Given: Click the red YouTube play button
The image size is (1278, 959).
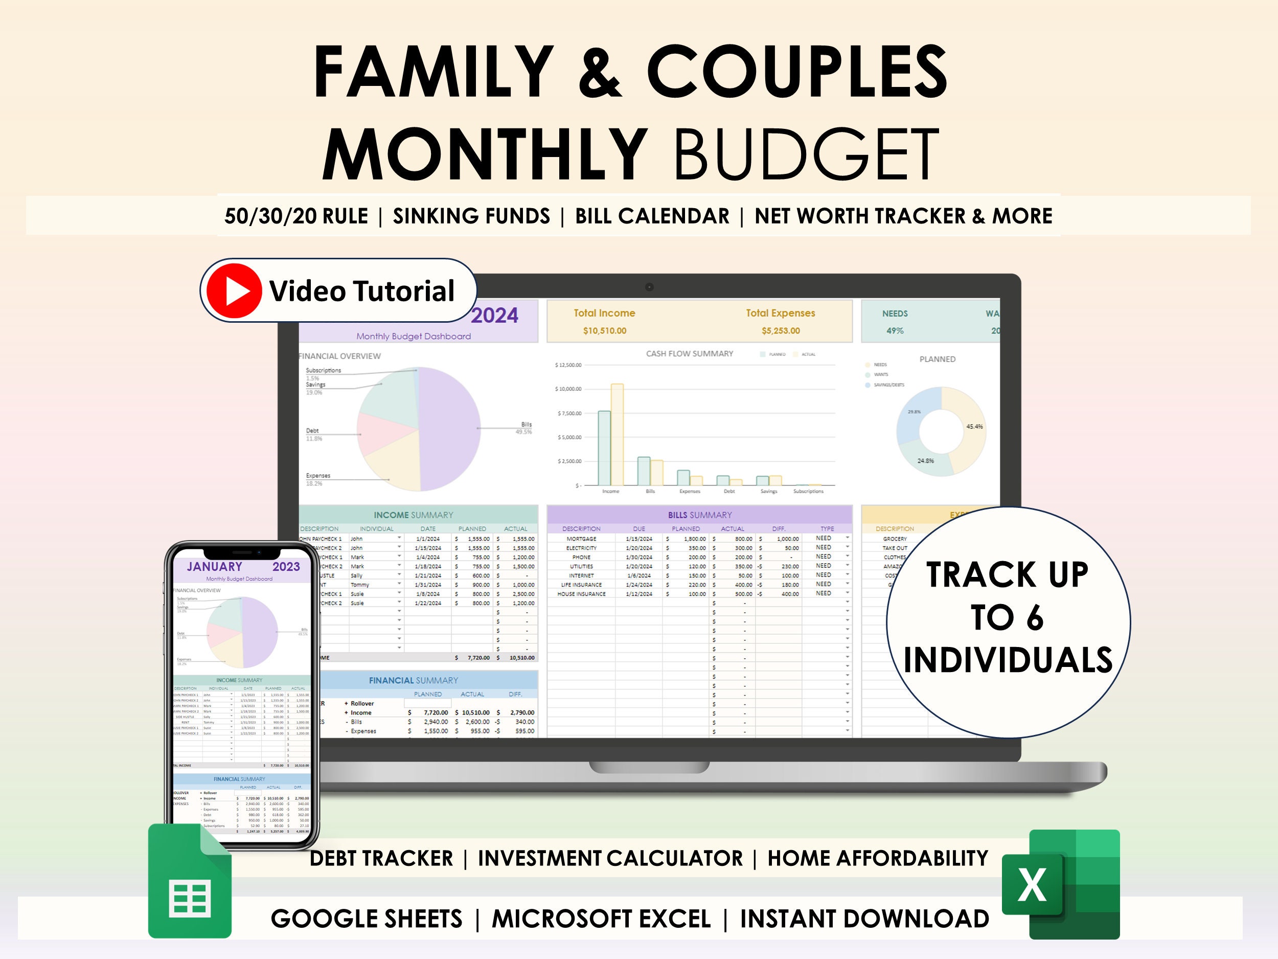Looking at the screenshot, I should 234,291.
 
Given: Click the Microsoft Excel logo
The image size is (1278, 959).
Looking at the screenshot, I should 1061,884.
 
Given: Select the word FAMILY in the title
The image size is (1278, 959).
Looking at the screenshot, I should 433,72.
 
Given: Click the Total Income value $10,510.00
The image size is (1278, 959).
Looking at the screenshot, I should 604,330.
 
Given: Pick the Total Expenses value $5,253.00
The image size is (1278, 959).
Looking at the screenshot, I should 781,330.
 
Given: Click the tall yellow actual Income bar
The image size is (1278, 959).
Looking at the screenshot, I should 617,434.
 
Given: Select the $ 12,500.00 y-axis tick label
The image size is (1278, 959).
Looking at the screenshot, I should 568,365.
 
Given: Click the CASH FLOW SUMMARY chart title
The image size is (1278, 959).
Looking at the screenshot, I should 689,354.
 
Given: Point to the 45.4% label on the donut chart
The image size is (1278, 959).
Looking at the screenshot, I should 974,427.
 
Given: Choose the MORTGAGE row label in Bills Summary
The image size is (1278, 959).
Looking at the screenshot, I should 581,539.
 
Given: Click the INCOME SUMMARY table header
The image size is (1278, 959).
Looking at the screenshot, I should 413,515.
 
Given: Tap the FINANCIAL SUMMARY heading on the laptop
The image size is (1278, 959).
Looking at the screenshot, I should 413,680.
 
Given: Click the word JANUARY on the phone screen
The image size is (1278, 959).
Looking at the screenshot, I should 214,567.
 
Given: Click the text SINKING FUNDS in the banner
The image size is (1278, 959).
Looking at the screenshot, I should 471,216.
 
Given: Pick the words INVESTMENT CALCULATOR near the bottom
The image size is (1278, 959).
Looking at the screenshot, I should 610,858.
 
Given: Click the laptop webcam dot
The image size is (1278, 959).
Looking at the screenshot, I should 649,287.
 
